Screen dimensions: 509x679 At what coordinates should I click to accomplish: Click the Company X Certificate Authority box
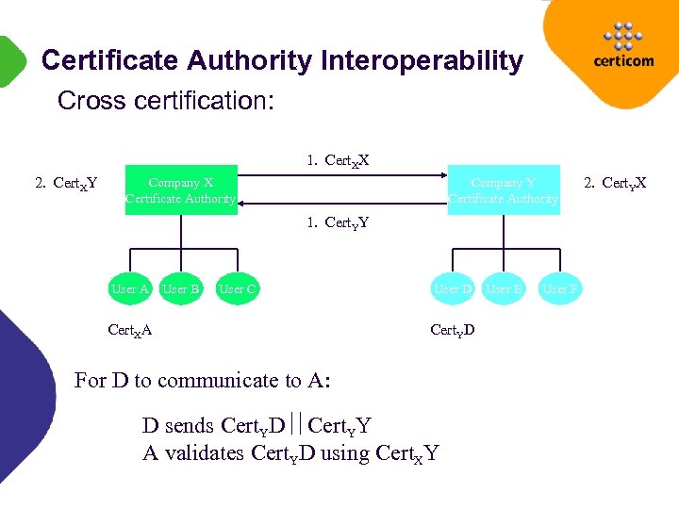coord(181,189)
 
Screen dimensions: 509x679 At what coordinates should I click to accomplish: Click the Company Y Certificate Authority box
coord(504,189)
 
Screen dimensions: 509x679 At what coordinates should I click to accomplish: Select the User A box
coord(130,289)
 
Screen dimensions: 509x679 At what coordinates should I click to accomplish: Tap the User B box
coord(180,289)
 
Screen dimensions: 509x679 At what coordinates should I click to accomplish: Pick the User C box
coord(237,289)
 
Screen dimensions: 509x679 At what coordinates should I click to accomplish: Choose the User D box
coord(452,289)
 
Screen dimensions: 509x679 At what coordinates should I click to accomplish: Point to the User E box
coord(504,289)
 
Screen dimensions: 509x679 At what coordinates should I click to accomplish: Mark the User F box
coord(560,289)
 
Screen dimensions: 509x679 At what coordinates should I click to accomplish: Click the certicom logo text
coord(623,61)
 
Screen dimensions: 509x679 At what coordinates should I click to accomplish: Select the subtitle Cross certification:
coord(166,100)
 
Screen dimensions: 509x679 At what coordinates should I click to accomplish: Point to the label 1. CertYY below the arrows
coord(337,223)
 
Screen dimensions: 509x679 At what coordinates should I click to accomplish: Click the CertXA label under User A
coord(130,330)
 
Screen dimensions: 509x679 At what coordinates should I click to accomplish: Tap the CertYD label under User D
coord(453,330)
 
